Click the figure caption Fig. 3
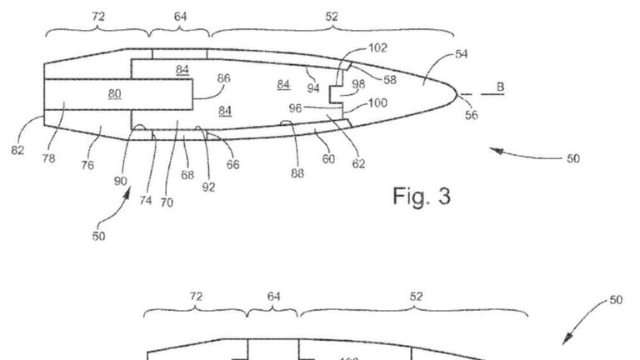pos(421,197)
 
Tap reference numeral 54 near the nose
pos(461,54)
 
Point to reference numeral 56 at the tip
pos(472,115)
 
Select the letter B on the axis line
pos(500,87)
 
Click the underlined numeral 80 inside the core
pos(113,92)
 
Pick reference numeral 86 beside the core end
pos(223,78)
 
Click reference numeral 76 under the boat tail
pos(87,166)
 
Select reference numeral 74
pos(146,201)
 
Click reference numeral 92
pos(208,187)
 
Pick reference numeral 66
pos(232,165)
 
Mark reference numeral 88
pos(298,173)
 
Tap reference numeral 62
pos(358,165)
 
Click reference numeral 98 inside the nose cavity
pos(358,84)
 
